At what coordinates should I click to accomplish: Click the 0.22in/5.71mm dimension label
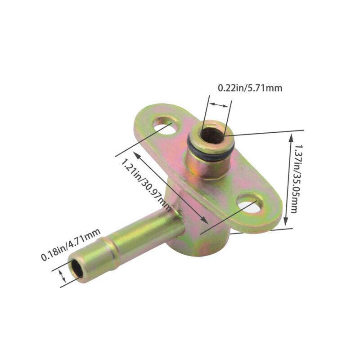coord(250,88)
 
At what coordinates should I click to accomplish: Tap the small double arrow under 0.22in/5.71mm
coord(220,105)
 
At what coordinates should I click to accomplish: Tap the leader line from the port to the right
coord(265,132)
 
